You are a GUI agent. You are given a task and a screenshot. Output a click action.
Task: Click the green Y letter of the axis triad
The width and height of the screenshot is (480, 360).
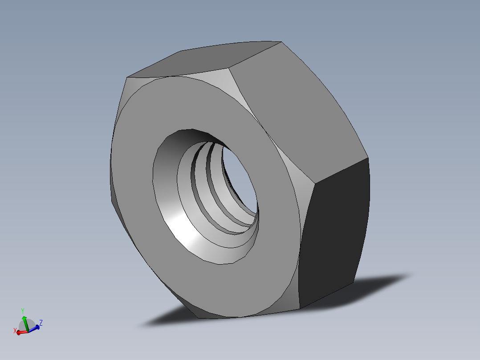click(23, 311)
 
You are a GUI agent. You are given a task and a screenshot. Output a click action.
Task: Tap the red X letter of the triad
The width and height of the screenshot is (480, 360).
click(15, 331)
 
